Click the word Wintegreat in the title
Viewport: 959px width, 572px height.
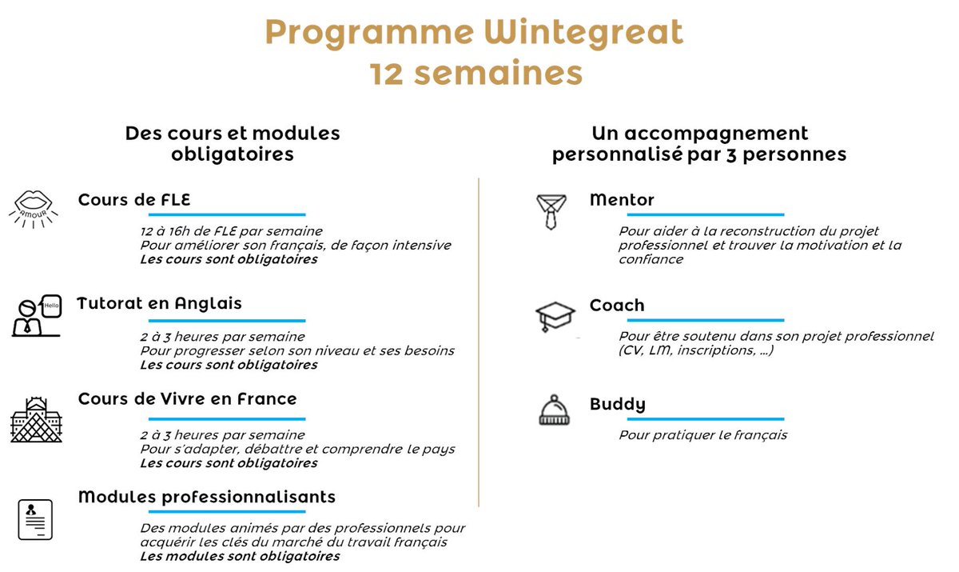(583, 33)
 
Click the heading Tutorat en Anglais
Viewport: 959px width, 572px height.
(159, 304)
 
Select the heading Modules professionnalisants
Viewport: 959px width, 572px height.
(206, 497)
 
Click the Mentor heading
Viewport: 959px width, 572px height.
(622, 200)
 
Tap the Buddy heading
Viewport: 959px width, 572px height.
(617, 404)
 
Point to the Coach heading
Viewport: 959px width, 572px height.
(616, 306)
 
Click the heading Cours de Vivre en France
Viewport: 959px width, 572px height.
(187, 398)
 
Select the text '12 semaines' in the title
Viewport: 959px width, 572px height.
(476, 73)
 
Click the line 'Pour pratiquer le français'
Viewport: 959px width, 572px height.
(702, 435)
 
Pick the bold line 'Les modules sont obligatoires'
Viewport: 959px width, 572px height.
(240, 556)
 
